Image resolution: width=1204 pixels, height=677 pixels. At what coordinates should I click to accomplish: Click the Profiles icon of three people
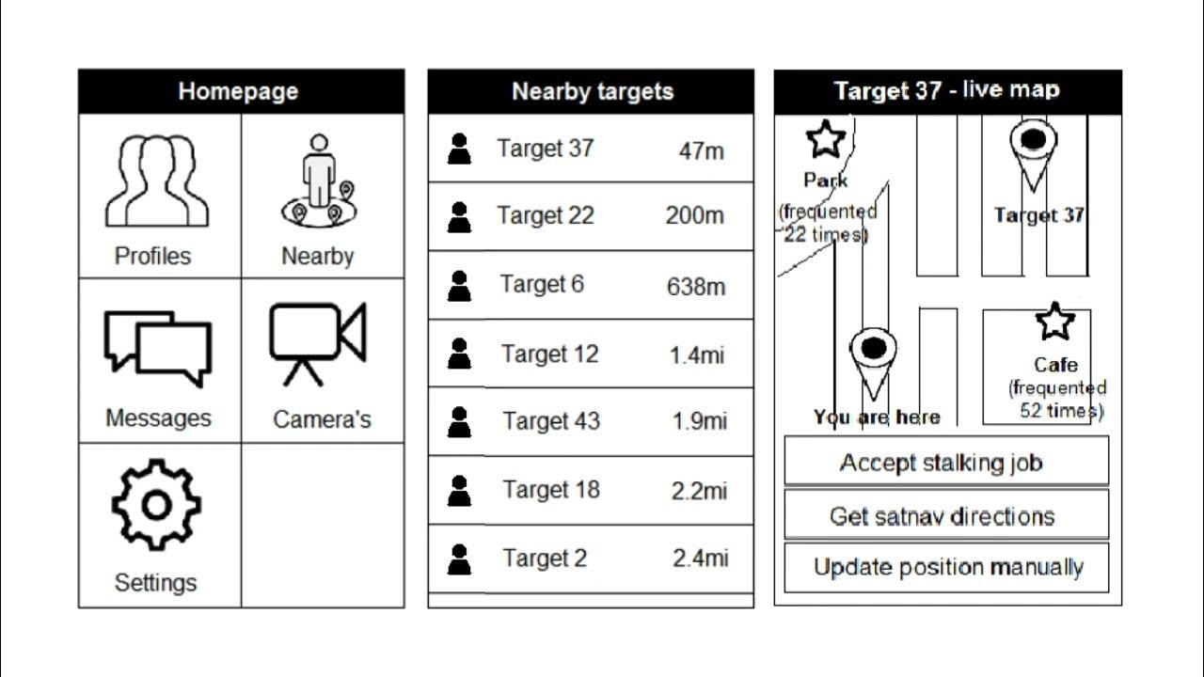pyautogui.click(x=156, y=181)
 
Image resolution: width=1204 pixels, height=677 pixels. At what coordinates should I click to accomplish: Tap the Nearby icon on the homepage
pyautogui.click(x=319, y=181)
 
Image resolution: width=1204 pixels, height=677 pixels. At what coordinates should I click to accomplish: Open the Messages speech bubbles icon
pyautogui.click(x=158, y=347)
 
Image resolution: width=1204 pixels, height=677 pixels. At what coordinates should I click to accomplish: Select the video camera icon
pyautogui.click(x=317, y=343)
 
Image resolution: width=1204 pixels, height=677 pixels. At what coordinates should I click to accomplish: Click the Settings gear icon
pyautogui.click(x=156, y=505)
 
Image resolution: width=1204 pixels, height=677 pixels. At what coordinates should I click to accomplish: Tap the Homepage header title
pyautogui.click(x=238, y=92)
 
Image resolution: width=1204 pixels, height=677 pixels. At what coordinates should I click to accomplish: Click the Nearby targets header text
pyautogui.click(x=593, y=92)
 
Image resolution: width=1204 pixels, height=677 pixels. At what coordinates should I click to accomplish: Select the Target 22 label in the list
pyautogui.click(x=546, y=215)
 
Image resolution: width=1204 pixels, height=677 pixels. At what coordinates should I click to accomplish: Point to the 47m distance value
pyautogui.click(x=702, y=150)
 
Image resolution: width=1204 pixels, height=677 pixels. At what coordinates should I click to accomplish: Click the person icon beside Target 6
pyautogui.click(x=459, y=286)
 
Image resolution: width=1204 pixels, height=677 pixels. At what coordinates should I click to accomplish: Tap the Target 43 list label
pyautogui.click(x=551, y=421)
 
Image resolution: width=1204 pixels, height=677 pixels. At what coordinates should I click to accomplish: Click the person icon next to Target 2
pyautogui.click(x=459, y=559)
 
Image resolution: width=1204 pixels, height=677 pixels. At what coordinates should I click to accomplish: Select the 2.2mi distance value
pyautogui.click(x=700, y=490)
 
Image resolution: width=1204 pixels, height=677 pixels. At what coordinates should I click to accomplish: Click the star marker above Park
pyautogui.click(x=826, y=140)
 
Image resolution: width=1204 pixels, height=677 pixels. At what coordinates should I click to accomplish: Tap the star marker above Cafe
pyautogui.click(x=1054, y=323)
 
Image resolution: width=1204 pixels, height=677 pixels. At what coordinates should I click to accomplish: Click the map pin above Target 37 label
pyautogui.click(x=1034, y=151)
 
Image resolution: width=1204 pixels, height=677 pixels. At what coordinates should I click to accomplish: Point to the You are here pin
pyautogui.click(x=873, y=357)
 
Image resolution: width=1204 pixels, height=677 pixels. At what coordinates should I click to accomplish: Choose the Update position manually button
pyautogui.click(x=947, y=568)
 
